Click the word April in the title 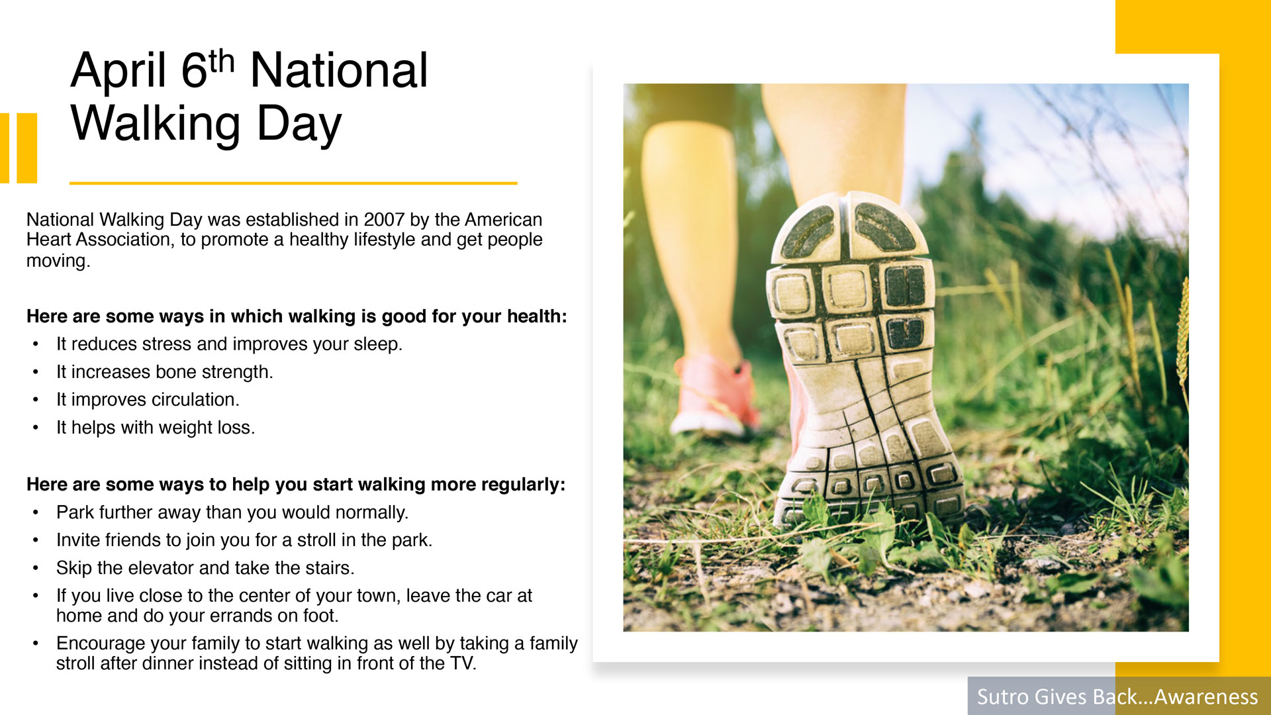point(118,71)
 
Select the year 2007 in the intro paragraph point(384,220)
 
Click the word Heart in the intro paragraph point(50,240)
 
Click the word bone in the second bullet point(176,372)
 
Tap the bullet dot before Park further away point(36,513)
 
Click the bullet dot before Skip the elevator point(36,569)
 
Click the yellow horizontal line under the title point(293,183)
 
